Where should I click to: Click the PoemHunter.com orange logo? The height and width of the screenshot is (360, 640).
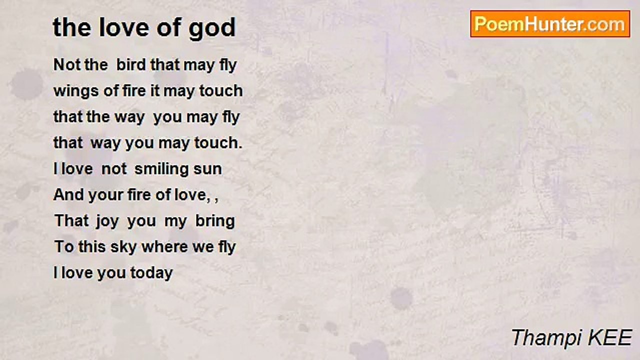pyautogui.click(x=550, y=24)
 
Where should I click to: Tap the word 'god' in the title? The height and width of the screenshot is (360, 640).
pyautogui.click(x=212, y=28)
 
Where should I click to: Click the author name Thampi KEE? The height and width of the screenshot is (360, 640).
pyautogui.click(x=571, y=337)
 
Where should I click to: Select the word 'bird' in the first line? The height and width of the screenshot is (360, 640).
pyautogui.click(x=131, y=64)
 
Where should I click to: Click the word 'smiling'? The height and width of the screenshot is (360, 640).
pyautogui.click(x=161, y=169)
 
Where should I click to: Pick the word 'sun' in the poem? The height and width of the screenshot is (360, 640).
pyautogui.click(x=207, y=169)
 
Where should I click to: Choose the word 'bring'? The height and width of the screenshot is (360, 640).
pyautogui.click(x=215, y=221)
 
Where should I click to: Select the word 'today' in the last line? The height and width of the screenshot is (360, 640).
pyautogui.click(x=151, y=273)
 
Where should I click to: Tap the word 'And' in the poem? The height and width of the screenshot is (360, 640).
pyautogui.click(x=68, y=195)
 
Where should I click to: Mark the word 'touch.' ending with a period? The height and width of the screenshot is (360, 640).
pyautogui.click(x=218, y=143)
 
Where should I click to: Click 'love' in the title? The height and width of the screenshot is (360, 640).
pyautogui.click(x=124, y=27)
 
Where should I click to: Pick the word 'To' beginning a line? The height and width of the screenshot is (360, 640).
pyautogui.click(x=64, y=247)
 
